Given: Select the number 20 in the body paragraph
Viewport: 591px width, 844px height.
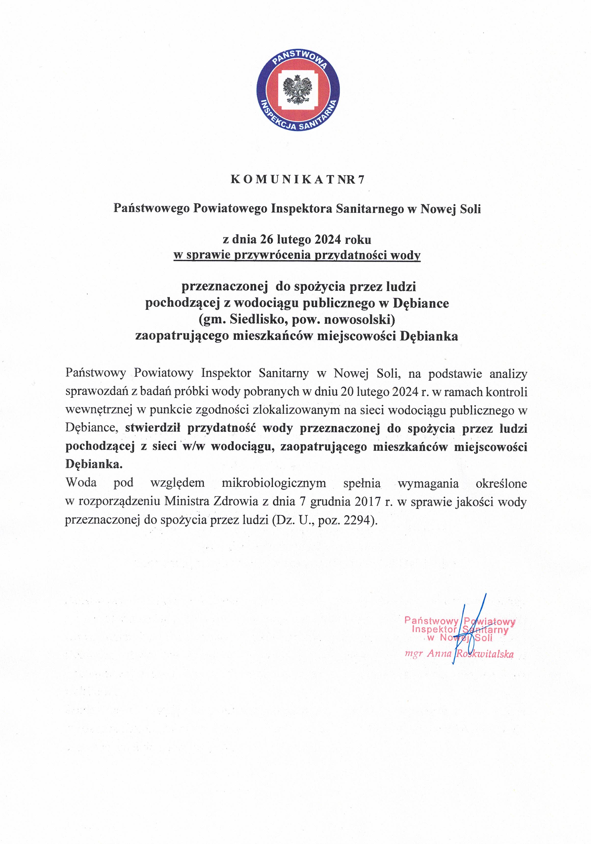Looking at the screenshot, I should point(347,392).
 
